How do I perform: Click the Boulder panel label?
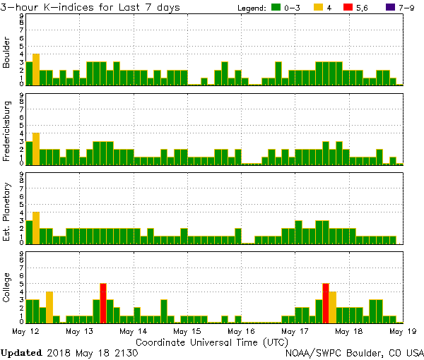[x=7, y=52]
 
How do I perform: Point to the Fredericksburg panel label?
[x=7, y=131]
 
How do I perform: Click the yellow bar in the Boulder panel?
[x=36, y=68]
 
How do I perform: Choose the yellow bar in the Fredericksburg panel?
[x=36, y=148]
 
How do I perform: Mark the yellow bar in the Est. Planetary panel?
[x=36, y=227]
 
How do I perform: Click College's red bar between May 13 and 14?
[x=103, y=302]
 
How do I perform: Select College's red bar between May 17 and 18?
[x=326, y=302]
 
